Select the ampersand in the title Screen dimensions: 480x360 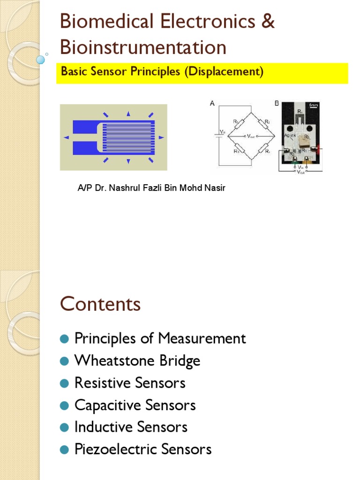(x=268, y=22)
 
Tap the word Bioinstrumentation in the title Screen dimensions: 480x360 (x=143, y=47)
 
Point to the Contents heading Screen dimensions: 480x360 (x=100, y=304)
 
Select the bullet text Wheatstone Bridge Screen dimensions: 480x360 (x=137, y=361)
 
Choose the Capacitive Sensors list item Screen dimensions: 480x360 (x=135, y=405)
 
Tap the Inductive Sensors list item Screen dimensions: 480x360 (x=131, y=427)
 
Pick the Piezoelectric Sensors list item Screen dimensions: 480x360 (x=143, y=450)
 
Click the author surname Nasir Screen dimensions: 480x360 (x=216, y=188)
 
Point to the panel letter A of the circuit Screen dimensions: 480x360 (x=212, y=105)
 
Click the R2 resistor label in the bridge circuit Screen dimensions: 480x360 (x=267, y=122)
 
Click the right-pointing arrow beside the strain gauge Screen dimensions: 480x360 (x=161, y=137)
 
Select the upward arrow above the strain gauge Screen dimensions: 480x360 (x=128, y=113)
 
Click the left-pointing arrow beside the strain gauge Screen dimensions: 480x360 (x=66, y=137)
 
